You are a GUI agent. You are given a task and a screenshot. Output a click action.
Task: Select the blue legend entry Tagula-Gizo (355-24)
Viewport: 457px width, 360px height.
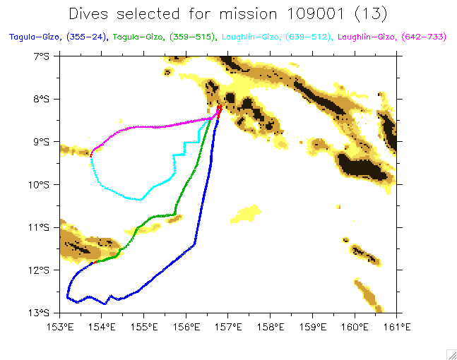click(57, 36)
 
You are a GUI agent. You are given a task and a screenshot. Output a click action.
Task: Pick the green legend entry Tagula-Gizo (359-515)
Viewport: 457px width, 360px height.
click(166, 36)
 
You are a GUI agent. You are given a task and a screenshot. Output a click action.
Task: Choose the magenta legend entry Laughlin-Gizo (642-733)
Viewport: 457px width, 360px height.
click(391, 36)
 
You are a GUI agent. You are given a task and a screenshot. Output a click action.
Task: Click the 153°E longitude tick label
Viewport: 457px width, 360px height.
click(60, 326)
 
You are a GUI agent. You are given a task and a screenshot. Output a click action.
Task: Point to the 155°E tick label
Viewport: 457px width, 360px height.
click(144, 326)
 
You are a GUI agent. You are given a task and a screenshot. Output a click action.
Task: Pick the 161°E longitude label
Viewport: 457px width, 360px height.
click(397, 326)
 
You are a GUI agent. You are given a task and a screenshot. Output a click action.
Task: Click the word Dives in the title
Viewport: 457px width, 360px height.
click(91, 13)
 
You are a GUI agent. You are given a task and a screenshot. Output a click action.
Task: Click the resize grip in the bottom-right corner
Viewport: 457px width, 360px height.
click(451, 354)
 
